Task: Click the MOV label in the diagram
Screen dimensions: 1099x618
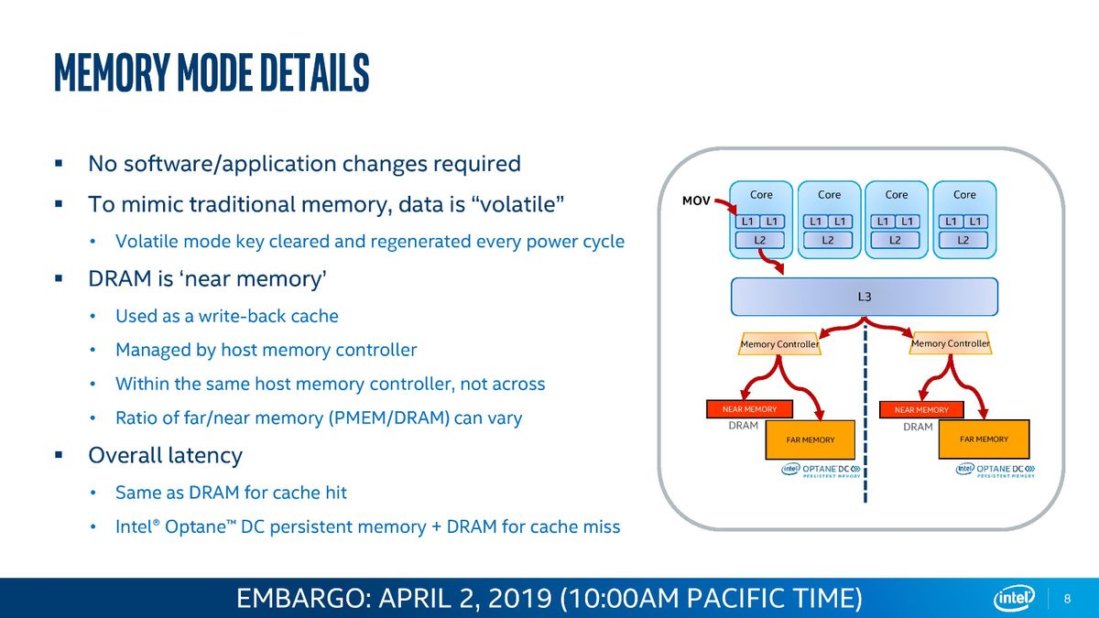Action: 696,201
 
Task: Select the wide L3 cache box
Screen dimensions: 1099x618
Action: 865,297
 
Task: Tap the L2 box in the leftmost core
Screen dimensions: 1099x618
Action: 759,240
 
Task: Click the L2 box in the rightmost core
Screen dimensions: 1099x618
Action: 963,240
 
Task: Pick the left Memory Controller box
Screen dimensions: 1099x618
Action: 779,344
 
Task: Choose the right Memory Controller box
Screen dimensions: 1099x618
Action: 951,343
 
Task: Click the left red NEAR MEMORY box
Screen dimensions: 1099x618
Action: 749,409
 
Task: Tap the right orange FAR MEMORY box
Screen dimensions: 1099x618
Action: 984,439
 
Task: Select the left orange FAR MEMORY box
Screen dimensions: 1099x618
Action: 810,440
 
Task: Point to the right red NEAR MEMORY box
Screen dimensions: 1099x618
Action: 921,409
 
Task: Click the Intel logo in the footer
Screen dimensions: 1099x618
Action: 1014,599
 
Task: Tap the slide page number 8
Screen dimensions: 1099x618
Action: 1067,599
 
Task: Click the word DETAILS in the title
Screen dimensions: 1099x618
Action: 314,72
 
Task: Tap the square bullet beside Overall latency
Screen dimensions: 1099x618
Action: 59,455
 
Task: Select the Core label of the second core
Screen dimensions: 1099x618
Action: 829,195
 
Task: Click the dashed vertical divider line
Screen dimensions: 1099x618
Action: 865,412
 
